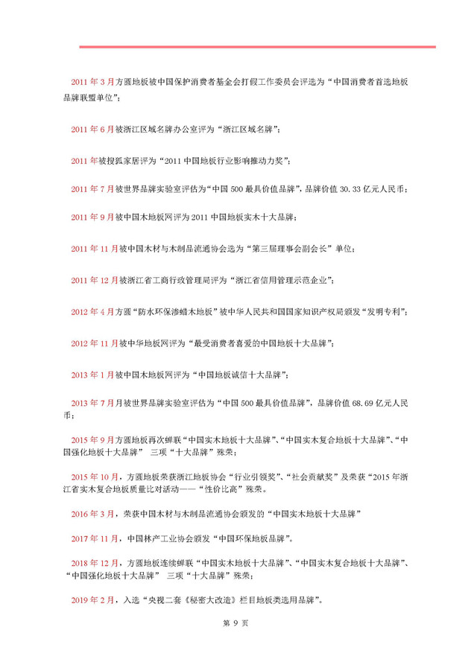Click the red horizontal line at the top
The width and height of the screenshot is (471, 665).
(257, 47)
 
